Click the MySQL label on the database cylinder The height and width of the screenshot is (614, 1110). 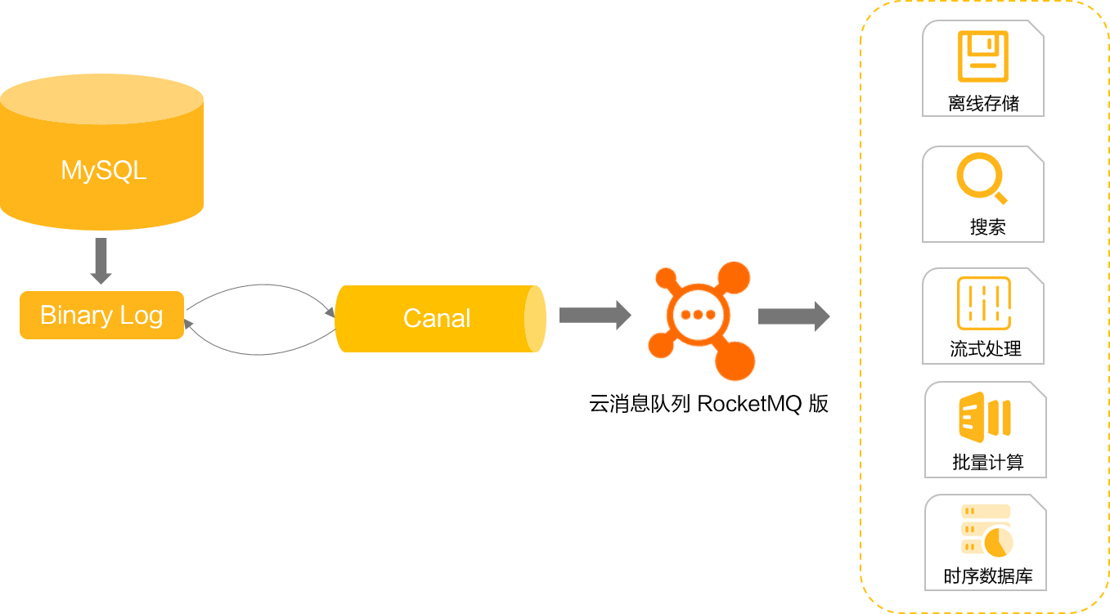103,171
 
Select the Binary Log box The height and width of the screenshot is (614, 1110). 101,315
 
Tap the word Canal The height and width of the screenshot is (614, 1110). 437,318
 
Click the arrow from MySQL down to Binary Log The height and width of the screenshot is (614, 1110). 101,261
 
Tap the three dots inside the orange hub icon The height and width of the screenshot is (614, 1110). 698,315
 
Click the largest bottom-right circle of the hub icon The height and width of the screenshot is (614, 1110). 734,361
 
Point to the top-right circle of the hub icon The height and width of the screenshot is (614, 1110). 734,278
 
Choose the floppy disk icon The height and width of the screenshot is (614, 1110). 982,56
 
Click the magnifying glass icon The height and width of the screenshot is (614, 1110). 982,177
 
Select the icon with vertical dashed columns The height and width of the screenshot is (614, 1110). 984,303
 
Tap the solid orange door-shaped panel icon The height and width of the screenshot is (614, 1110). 986,417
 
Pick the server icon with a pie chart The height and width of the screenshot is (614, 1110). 987,530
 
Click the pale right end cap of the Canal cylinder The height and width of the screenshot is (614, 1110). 535,318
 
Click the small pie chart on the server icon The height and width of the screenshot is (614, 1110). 998,541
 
